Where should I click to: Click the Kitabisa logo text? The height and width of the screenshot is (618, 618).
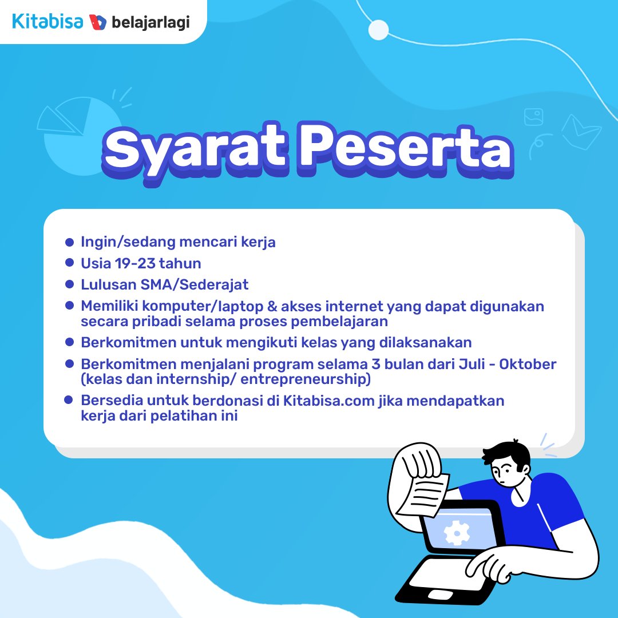pos(47,22)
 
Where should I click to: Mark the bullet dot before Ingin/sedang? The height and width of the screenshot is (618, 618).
pos(70,242)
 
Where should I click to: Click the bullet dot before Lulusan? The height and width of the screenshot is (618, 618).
pos(70,284)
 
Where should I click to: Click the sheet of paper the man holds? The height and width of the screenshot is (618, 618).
pos(423,492)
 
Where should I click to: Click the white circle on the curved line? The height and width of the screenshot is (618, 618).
pos(378,30)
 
